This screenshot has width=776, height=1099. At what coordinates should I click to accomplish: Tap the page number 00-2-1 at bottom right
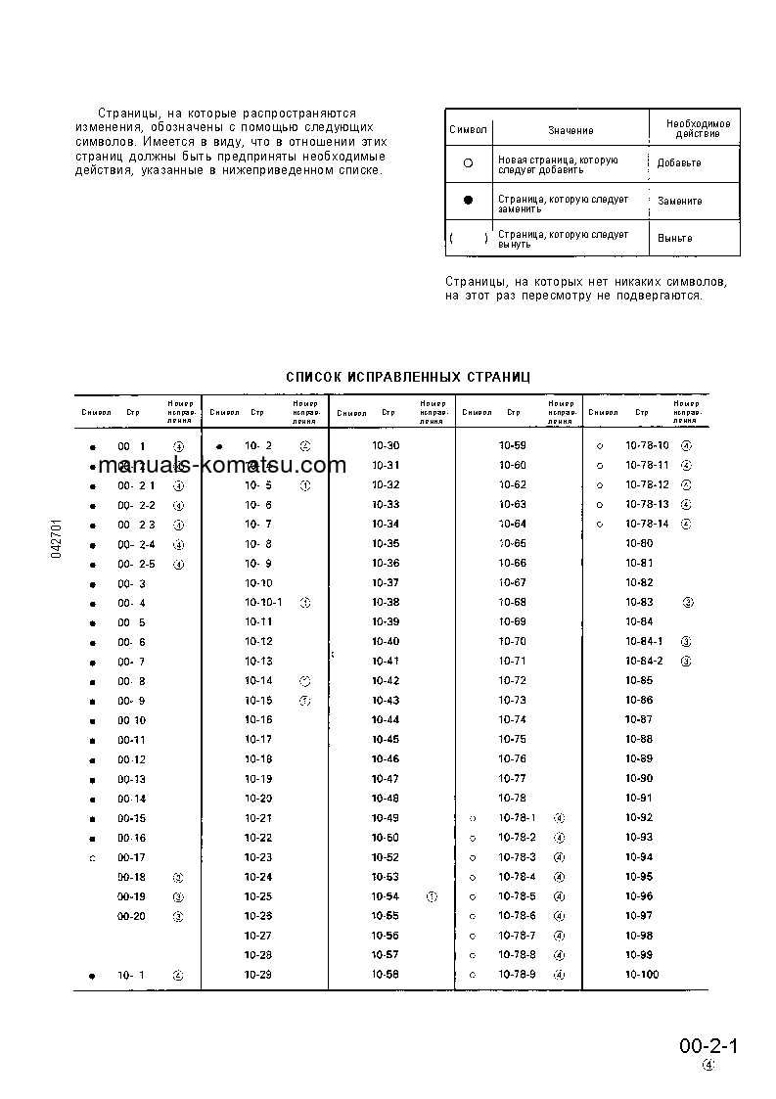[708, 1046]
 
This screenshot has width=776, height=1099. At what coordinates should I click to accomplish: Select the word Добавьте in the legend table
[679, 163]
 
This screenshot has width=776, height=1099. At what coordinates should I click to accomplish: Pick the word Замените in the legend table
[679, 201]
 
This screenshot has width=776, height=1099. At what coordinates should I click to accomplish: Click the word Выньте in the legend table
[675, 238]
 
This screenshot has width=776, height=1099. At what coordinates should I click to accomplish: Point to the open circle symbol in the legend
[468, 163]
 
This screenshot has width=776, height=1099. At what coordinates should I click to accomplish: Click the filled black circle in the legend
[468, 201]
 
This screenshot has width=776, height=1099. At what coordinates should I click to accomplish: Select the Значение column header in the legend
[570, 130]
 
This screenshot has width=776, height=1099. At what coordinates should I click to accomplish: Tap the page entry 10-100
[642, 975]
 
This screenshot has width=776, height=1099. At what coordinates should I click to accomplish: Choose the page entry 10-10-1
[263, 603]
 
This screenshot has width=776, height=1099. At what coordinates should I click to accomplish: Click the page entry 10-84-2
[644, 662]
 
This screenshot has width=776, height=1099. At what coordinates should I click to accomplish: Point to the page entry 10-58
[386, 975]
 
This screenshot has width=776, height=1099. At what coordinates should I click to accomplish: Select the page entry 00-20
[131, 916]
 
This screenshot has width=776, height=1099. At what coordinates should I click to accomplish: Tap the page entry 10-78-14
[647, 524]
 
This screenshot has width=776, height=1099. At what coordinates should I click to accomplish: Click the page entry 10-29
[258, 975]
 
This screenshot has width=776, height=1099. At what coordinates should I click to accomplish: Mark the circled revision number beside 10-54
[432, 896]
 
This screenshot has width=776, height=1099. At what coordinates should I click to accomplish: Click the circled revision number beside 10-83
[688, 603]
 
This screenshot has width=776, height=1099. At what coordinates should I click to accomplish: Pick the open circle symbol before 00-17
[92, 858]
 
